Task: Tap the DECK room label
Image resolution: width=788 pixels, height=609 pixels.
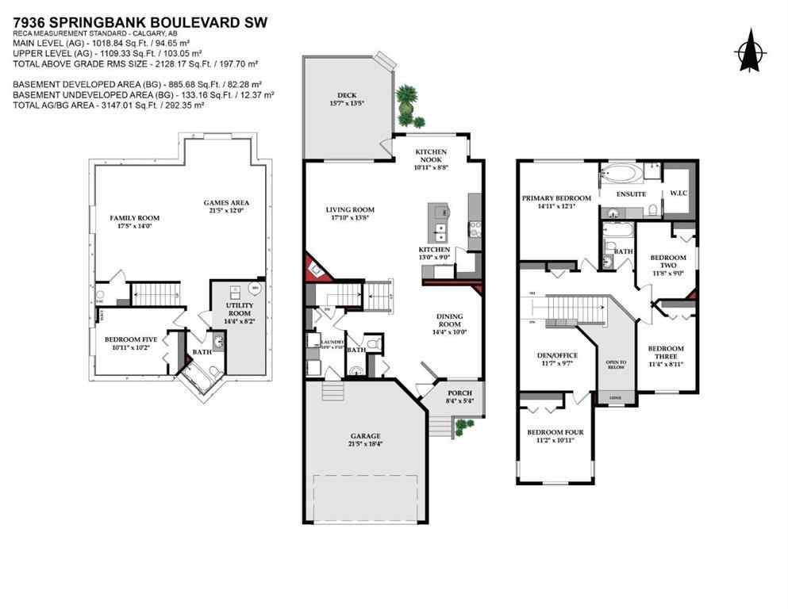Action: click(x=347, y=98)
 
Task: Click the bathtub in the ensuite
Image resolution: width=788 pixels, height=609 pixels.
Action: click(x=621, y=172)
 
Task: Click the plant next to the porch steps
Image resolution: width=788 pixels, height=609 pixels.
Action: click(x=464, y=426)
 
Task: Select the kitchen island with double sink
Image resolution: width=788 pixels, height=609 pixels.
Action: click(x=438, y=223)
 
